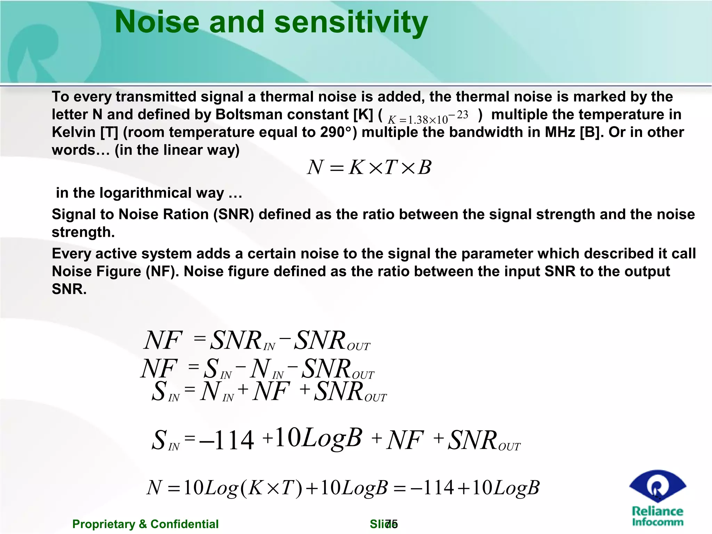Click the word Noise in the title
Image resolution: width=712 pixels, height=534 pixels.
coord(157,22)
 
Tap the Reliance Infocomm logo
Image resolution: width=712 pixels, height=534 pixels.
coord(657,497)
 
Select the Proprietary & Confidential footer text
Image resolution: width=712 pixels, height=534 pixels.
coord(145,524)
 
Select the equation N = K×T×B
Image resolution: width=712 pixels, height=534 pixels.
coord(369,167)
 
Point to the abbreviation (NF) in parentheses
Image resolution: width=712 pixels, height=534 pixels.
coord(160,271)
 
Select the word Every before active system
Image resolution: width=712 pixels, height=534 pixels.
coord(71,253)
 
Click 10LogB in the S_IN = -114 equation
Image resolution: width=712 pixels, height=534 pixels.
coord(318,438)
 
